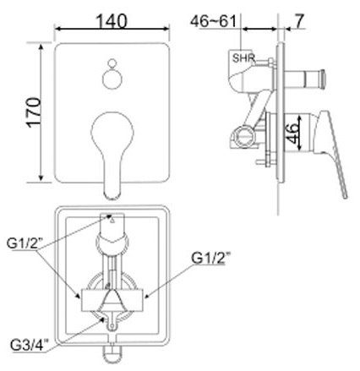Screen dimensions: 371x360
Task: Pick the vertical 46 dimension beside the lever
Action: click(x=290, y=132)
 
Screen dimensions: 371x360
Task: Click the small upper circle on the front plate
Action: click(x=112, y=63)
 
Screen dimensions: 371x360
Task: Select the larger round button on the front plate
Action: click(x=112, y=82)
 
